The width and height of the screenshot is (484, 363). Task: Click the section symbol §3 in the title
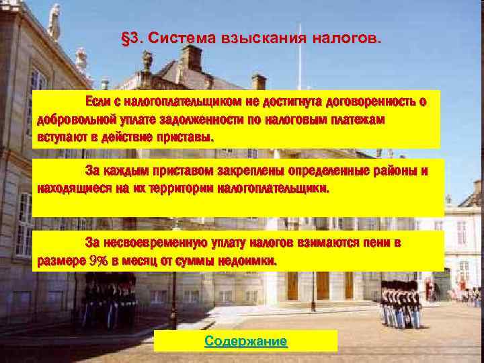[130, 38]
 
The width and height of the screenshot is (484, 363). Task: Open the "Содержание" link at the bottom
[245, 341]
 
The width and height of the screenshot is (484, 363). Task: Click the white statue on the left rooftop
[54, 22]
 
